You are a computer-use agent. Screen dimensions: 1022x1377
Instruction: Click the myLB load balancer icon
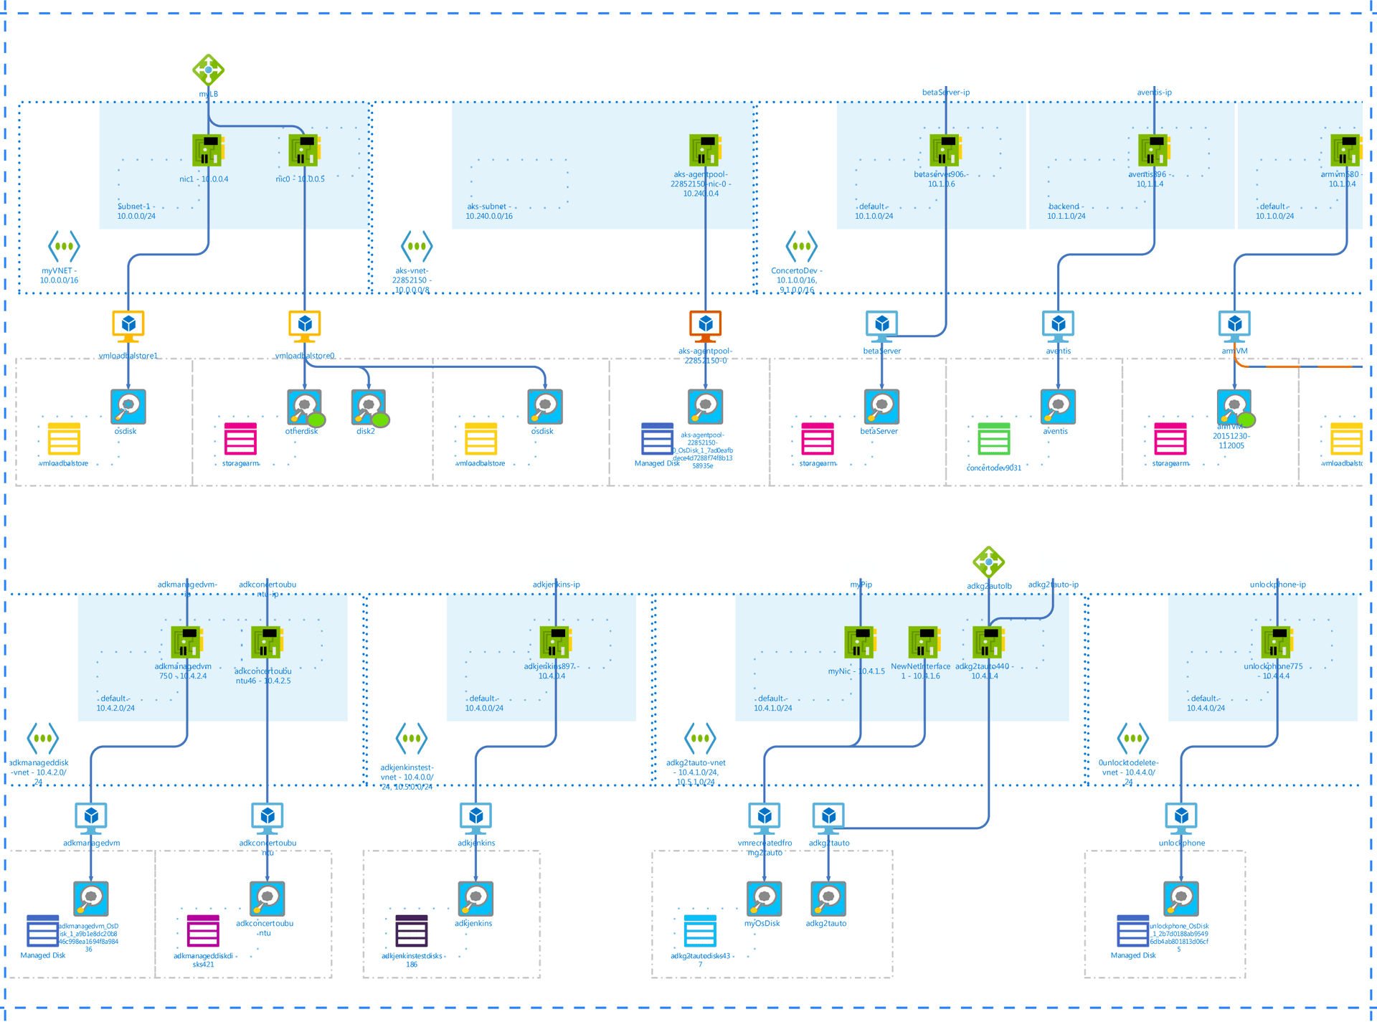click(x=208, y=70)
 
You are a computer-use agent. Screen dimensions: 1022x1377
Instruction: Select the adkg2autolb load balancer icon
click(x=988, y=562)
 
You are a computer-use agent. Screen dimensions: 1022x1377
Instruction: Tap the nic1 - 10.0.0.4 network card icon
click(x=208, y=150)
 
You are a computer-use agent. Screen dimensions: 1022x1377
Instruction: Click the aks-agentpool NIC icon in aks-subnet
click(x=705, y=150)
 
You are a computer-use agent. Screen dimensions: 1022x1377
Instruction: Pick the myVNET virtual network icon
click(x=64, y=247)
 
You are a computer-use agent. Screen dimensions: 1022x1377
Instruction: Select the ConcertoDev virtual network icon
click(x=801, y=247)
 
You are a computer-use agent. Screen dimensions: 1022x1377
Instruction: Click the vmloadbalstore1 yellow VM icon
click(x=128, y=326)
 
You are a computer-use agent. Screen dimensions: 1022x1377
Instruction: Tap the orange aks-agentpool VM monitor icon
click(x=705, y=326)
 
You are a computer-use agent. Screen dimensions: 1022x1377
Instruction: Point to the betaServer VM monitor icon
click(x=881, y=326)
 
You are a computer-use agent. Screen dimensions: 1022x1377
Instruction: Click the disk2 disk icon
click(x=369, y=407)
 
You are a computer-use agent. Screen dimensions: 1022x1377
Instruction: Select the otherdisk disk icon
click(x=304, y=407)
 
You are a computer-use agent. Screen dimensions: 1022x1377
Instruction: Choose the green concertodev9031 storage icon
click(x=993, y=439)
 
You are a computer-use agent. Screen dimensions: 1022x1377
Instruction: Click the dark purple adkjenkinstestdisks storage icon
click(x=412, y=931)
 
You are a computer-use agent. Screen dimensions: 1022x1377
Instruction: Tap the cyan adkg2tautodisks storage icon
click(x=700, y=931)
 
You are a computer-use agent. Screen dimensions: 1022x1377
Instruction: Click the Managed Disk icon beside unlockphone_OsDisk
click(x=1132, y=931)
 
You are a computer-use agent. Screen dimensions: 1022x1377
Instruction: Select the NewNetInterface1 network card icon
click(x=924, y=642)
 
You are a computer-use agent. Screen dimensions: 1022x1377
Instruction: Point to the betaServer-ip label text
click(x=945, y=93)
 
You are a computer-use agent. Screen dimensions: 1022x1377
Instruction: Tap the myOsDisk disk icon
click(x=764, y=899)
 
